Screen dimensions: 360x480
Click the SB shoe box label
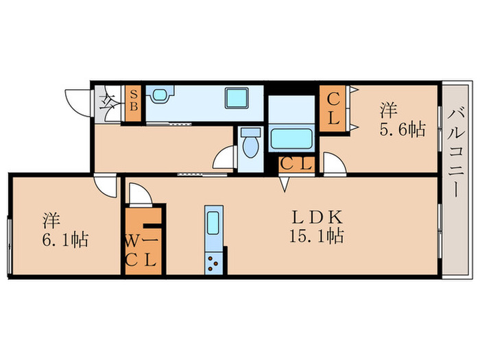133,100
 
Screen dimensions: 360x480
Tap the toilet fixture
250,143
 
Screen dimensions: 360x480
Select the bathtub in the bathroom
292,138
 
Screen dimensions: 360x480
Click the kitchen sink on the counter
212,225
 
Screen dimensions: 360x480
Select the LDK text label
317,218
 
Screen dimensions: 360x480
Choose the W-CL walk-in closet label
142,250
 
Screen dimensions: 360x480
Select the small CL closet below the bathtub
296,164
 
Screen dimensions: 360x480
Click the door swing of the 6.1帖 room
105,185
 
